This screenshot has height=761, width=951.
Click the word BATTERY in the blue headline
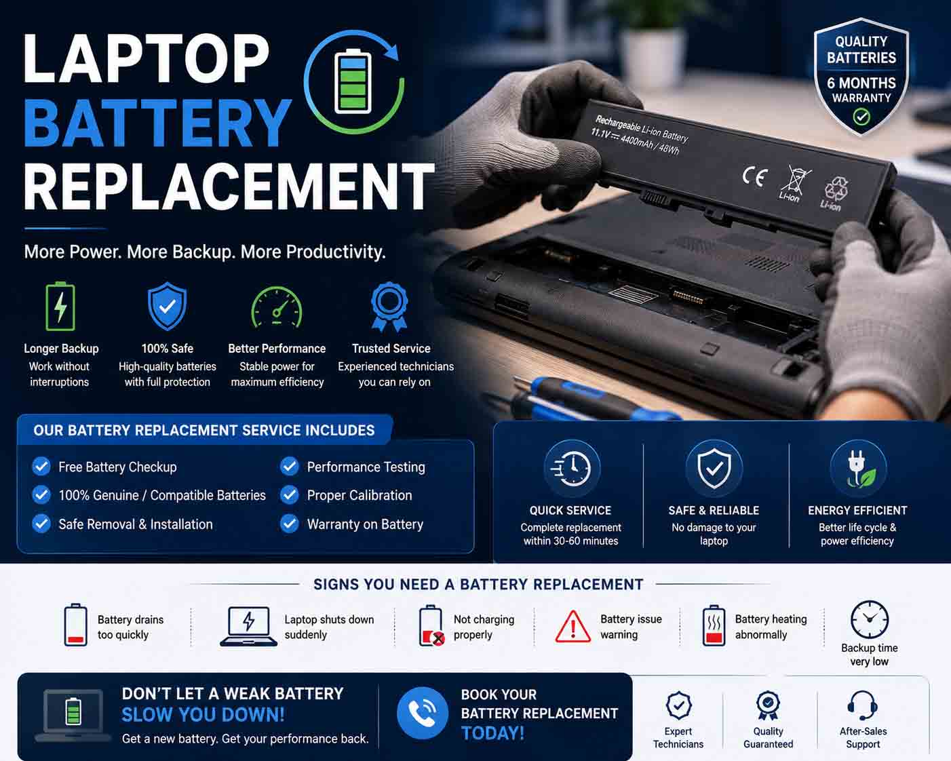point(158,123)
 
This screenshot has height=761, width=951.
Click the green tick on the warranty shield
point(861,117)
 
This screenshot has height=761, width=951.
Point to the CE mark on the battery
point(755,177)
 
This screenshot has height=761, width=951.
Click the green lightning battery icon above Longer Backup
point(60,307)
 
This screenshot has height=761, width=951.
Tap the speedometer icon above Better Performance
point(277,308)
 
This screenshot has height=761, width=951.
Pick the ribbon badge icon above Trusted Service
point(389,307)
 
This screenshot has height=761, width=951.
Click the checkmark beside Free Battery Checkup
point(41,466)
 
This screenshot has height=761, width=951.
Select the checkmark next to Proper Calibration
point(290,495)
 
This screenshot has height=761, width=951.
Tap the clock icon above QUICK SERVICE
point(572,469)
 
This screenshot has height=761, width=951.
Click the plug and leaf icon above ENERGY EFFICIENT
point(858,469)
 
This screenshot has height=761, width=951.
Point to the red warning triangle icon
point(572,627)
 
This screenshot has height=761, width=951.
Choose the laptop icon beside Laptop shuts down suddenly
point(249,626)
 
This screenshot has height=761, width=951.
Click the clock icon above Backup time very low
point(869,619)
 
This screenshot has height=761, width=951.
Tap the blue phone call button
point(422,714)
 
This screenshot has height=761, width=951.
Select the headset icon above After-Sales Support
point(862,706)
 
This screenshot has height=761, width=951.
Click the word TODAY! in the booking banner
point(492,734)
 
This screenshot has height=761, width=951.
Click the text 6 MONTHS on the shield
point(861,83)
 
